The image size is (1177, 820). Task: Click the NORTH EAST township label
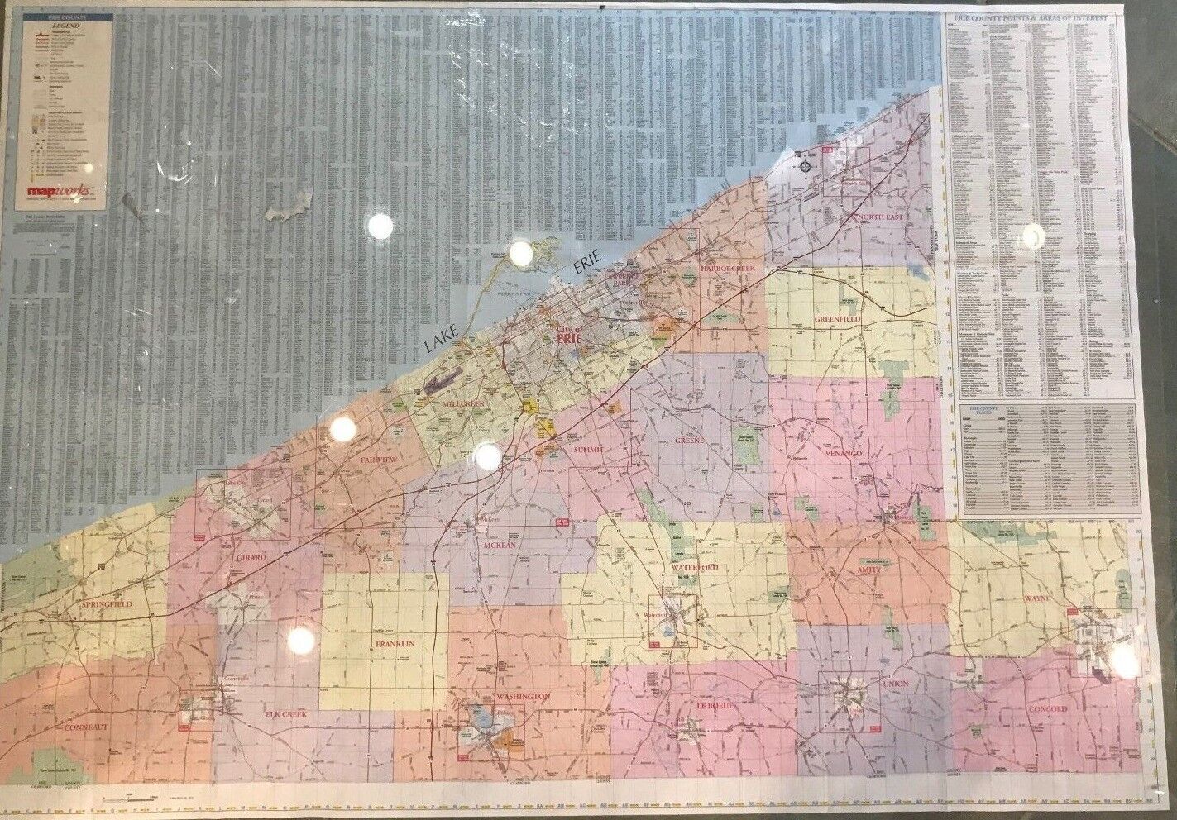click(881, 217)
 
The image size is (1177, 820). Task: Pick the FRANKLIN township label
click(393, 643)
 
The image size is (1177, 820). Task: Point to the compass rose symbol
click(805, 167)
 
